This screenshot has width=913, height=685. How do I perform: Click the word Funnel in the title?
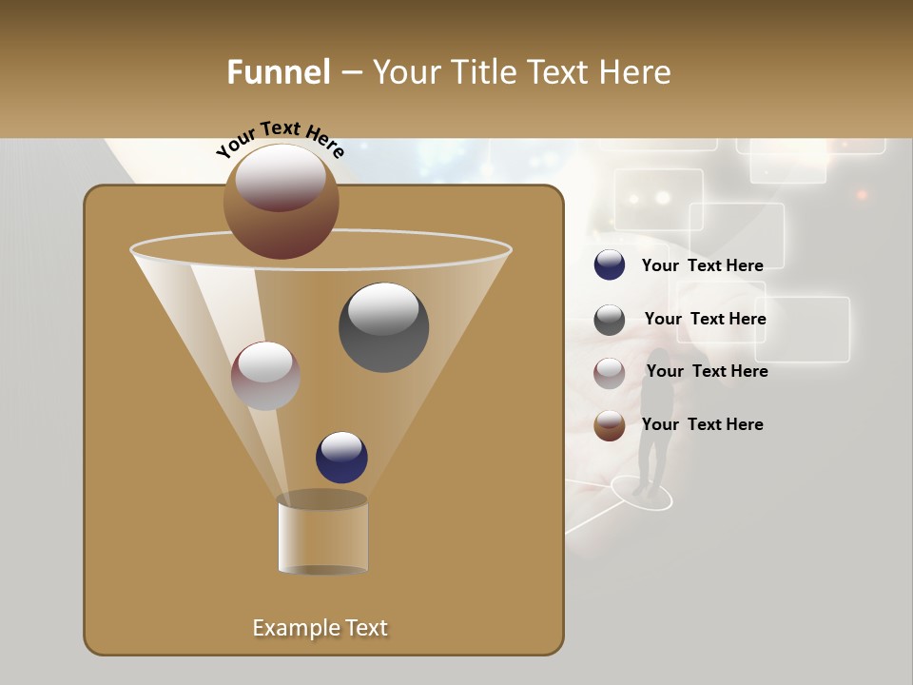279,72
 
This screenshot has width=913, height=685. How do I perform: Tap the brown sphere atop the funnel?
282,201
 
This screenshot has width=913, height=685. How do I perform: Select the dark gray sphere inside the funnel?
383,327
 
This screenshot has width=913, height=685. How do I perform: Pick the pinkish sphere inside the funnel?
265,376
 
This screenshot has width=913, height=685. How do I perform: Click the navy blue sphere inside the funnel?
341,457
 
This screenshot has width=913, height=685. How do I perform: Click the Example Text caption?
320,628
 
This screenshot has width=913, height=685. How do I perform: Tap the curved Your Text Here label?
280,140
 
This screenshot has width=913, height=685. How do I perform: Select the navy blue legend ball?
610,265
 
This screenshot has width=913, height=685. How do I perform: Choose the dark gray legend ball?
610,320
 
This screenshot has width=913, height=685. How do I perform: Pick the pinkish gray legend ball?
610,372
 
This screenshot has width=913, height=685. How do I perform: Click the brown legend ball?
610,425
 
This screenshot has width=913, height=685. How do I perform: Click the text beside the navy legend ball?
702,265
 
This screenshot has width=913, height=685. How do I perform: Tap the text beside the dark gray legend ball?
705,319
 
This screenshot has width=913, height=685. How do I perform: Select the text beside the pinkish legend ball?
707,371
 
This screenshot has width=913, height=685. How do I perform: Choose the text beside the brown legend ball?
702,424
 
